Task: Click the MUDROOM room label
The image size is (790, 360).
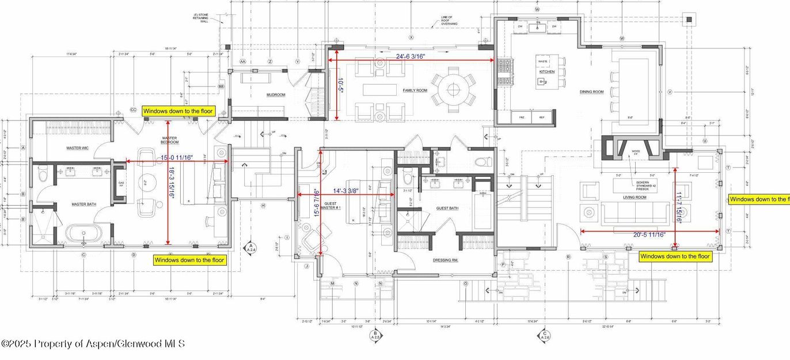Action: pyautogui.click(x=276, y=95)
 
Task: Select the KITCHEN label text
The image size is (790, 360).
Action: pyautogui.click(x=546, y=71)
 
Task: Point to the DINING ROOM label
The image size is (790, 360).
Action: pyautogui.click(x=591, y=92)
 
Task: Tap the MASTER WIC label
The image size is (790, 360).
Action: pyautogui.click(x=77, y=148)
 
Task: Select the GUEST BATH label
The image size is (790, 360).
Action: pyautogui.click(x=447, y=208)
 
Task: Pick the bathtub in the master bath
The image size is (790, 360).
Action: pyautogui.click(x=83, y=233)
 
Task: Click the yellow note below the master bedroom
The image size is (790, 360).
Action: pyautogui.click(x=189, y=260)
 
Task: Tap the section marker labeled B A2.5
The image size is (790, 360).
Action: pyautogui.click(x=375, y=336)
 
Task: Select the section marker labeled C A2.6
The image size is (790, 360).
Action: pyautogui.click(x=544, y=336)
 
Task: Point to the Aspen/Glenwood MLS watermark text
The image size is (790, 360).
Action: pyautogui.click(x=93, y=344)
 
